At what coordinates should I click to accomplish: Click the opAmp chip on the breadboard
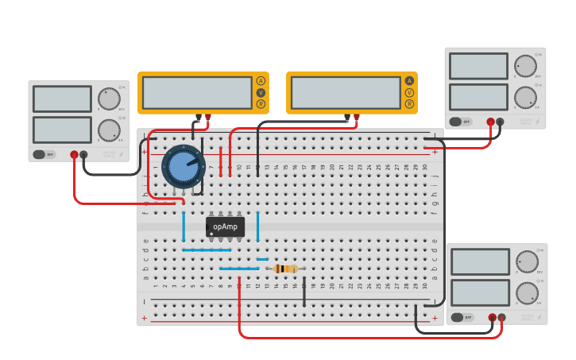(225, 227)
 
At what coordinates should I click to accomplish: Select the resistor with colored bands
(285, 269)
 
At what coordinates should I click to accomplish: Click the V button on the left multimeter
(261, 92)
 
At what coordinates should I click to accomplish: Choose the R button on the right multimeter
(409, 104)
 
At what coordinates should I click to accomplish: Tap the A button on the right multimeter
(409, 80)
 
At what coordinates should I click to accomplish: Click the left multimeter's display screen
(196, 92)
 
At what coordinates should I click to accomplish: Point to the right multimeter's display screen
(346, 92)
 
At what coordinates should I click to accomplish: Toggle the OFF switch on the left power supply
(44, 154)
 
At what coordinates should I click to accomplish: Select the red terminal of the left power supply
(74, 155)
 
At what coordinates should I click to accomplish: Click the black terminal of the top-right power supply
(501, 122)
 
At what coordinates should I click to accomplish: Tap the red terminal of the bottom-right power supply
(492, 318)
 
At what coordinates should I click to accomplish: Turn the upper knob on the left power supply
(109, 99)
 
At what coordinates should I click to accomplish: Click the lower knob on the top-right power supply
(524, 97)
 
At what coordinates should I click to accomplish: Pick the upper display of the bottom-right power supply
(480, 261)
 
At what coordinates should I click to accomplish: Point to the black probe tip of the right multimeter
(347, 118)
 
